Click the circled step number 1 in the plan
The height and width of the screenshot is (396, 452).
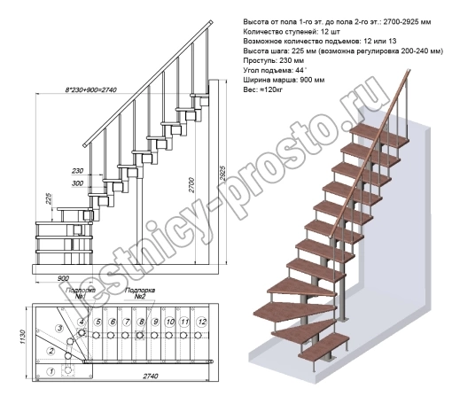tap(51, 371)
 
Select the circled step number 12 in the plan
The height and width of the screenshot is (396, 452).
tap(202, 322)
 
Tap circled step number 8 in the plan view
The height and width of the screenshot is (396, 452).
tap(141, 322)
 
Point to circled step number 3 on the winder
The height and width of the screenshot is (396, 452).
tap(60, 328)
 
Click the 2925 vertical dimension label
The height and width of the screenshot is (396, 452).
tap(222, 175)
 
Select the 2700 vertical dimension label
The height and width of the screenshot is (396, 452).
tap(191, 185)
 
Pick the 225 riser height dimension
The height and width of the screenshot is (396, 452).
tap(49, 198)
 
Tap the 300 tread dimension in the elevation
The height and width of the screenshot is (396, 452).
tap(77, 183)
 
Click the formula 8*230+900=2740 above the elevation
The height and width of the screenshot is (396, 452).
tap(91, 89)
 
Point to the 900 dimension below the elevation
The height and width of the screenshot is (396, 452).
tap(63, 278)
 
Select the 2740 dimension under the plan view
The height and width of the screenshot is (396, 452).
tap(151, 376)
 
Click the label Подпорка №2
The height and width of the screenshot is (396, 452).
tap(140, 293)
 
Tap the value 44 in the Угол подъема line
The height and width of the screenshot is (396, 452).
tap(300, 70)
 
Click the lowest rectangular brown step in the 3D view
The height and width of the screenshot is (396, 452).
tap(324, 346)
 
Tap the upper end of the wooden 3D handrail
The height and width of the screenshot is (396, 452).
tap(409, 71)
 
